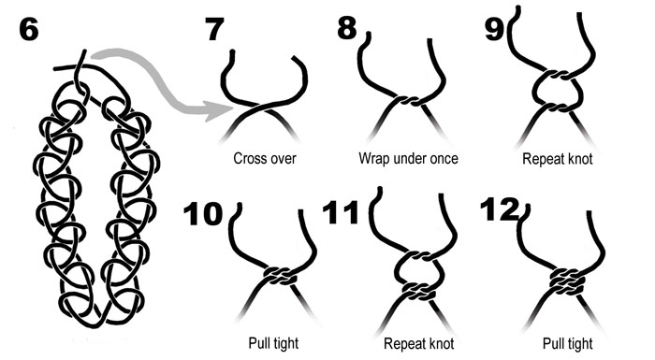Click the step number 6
pos(29,30)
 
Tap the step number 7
pos(214,29)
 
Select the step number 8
pos(347,28)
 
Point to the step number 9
pos(494,29)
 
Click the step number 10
pos(203,214)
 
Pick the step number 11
pos(341,212)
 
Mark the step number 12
pos(500,209)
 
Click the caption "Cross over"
pos(265,159)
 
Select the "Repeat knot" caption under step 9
pos(558,159)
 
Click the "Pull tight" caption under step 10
pos(273,343)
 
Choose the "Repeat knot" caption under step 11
pos(418,344)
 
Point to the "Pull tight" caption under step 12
pos(567,344)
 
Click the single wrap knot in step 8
pos(409,101)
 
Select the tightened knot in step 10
pos(281,276)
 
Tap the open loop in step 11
pos(397,269)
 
